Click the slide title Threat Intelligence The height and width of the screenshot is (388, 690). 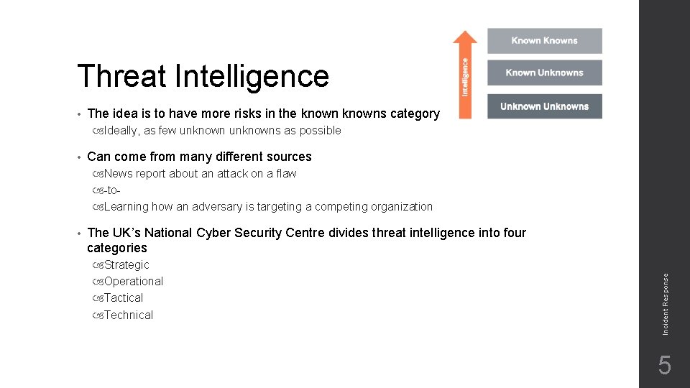[x=203, y=76]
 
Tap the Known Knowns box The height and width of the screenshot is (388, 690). [x=544, y=41]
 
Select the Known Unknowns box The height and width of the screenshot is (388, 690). [x=544, y=73]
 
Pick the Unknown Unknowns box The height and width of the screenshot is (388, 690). [x=544, y=106]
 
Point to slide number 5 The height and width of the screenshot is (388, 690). [x=665, y=366]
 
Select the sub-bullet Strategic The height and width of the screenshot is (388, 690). [x=126, y=265]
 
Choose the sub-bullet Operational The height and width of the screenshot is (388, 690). [x=134, y=282]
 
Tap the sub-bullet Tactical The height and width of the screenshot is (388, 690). [x=124, y=298]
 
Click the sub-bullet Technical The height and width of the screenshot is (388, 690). [x=129, y=315]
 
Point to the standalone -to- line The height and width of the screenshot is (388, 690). [x=111, y=190]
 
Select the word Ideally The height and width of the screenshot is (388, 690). [x=121, y=131]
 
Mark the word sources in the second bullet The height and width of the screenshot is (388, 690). [x=289, y=157]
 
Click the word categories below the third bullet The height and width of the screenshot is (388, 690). [x=116, y=248]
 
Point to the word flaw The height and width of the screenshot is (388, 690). [x=286, y=174]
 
